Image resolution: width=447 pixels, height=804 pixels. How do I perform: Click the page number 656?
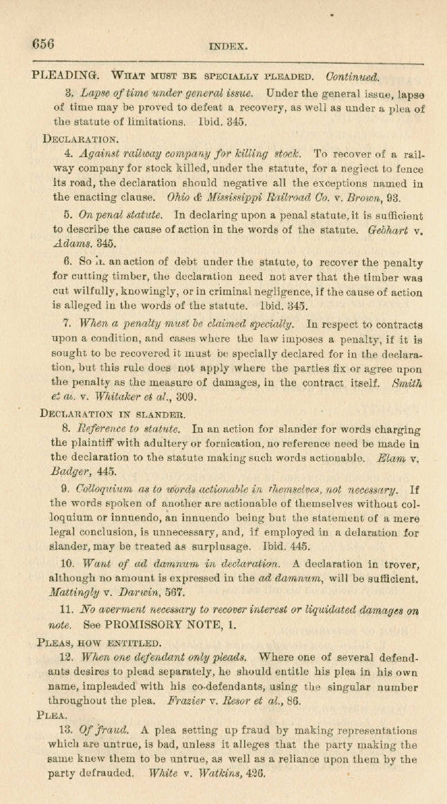click(x=43, y=44)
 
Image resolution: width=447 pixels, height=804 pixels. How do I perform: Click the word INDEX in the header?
click(x=228, y=48)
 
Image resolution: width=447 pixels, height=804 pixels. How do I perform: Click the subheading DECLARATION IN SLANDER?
click(x=112, y=415)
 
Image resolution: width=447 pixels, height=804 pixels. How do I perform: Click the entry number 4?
click(x=68, y=154)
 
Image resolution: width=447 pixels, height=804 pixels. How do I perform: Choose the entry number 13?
click(x=70, y=731)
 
